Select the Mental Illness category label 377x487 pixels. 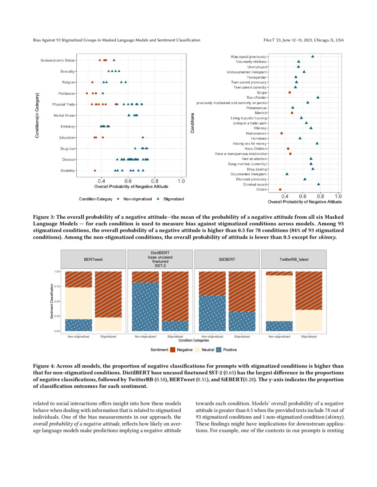pyautogui.click(x=64, y=116)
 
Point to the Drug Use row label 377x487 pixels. pyautogui.click(x=67, y=148)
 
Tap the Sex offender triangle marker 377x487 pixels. pyautogui.click(x=318, y=97)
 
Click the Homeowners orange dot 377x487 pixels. pyautogui.click(x=281, y=133)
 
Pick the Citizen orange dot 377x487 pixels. pyautogui.click(x=280, y=189)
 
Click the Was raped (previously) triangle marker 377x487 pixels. pyautogui.click(x=313, y=57)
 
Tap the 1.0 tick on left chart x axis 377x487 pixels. pyautogui.click(x=181, y=181)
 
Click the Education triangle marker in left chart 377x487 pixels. pyautogui.click(x=143, y=138)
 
